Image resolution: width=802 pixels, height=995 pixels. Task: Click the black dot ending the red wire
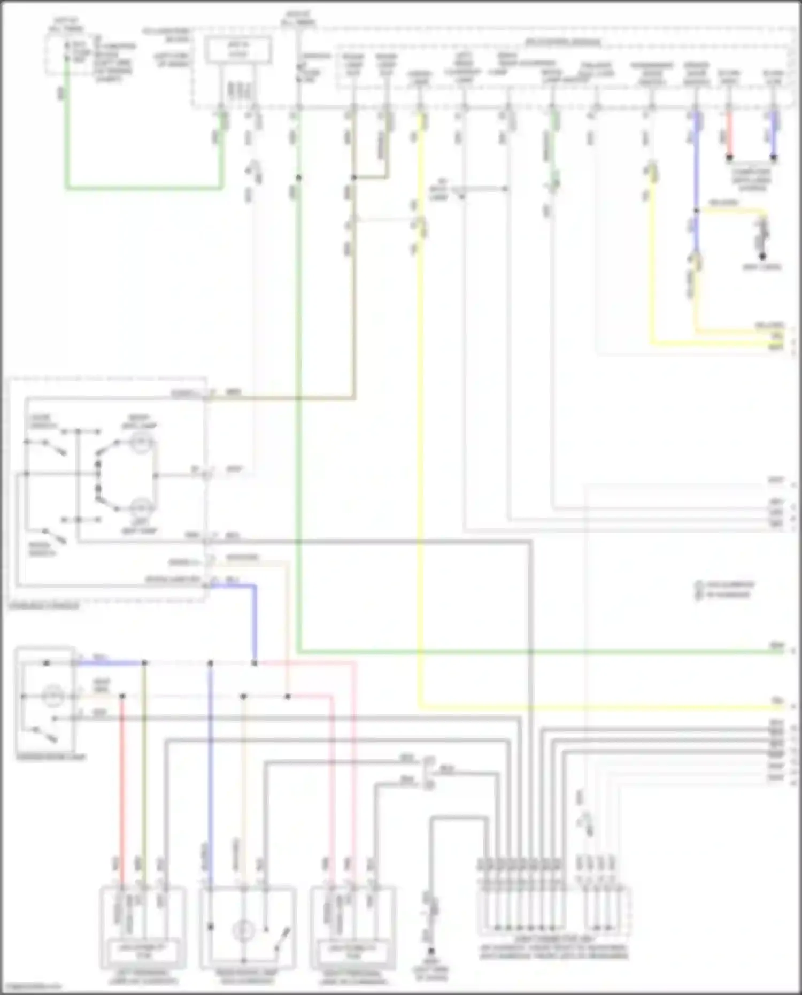729,158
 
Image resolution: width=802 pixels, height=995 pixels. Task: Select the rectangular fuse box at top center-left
239,51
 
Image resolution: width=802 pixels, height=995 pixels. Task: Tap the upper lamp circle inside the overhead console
142,443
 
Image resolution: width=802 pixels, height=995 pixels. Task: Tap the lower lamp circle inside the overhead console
142,507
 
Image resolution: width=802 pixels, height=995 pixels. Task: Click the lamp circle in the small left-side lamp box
52,696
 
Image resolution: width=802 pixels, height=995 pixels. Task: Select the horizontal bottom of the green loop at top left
144,188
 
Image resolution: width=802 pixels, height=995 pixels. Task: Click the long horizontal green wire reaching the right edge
535,652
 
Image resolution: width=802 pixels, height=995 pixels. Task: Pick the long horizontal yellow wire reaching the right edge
588,708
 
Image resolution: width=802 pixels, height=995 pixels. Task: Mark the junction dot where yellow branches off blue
696,211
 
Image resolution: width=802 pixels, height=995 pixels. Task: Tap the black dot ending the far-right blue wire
773,158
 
